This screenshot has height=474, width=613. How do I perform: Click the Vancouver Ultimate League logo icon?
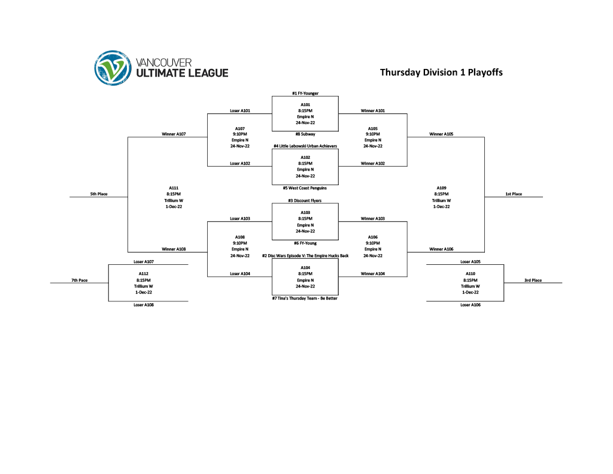pos(113,67)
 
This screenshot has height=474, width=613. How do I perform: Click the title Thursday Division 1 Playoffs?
pos(441,73)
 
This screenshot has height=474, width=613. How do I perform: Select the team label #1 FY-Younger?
pos(305,93)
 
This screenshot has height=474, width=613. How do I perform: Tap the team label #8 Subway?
pos(305,134)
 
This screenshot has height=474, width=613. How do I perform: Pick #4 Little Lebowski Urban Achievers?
pos(305,146)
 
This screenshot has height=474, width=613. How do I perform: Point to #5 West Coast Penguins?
pos(305,188)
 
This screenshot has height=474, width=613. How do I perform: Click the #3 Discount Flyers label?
pos(305,201)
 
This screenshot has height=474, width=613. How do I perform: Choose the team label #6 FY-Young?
pos(305,243)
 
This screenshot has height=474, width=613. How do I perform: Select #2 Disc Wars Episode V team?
pos(305,256)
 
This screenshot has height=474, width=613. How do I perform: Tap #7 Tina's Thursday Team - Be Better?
pos(305,298)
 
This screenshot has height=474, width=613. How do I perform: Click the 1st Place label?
pos(513,194)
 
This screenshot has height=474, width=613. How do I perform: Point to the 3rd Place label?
pos(533,280)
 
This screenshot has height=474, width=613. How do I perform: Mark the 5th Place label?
pos(99,194)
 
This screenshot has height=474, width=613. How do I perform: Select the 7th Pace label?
pos(79,280)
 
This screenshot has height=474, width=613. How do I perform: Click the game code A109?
pos(441,188)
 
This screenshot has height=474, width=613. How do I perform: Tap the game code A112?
pos(144,274)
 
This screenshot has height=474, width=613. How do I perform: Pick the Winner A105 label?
pos(441,134)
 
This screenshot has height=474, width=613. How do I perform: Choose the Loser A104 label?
pos(240,274)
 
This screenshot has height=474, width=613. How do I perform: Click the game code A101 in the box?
pos(305,105)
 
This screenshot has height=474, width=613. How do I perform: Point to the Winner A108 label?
pos(174,249)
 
